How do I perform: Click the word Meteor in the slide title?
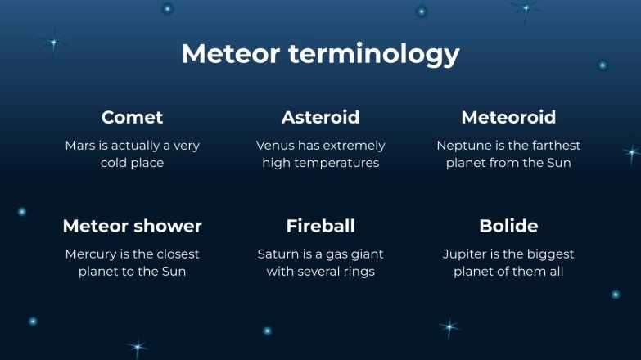coord(232,54)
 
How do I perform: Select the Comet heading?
coord(132,117)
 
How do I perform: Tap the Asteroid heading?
coord(320,117)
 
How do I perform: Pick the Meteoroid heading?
coord(508,117)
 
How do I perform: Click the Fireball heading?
coord(320,226)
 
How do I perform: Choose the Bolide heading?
coord(508,226)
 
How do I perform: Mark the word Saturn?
coord(278,254)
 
